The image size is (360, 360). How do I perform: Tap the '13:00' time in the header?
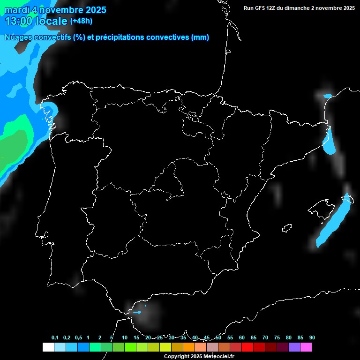18,21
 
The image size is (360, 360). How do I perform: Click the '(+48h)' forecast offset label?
82,21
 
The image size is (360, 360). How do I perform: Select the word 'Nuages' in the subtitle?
18,37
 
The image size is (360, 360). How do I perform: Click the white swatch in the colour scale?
48,347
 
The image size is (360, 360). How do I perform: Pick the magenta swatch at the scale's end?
306,347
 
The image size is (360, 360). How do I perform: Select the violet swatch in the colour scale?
294,347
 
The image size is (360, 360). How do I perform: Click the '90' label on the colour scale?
312,338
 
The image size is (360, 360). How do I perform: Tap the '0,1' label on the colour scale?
55,338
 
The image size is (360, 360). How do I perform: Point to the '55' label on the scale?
230,338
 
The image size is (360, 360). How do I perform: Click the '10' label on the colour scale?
124,338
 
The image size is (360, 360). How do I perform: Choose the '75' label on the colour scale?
277,338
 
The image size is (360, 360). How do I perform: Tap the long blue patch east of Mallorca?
335,220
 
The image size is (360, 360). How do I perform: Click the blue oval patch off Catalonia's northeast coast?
330,142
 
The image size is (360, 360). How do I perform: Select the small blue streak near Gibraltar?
137,312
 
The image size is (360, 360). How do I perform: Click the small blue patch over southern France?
327,96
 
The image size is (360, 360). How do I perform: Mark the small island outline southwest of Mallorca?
287,228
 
